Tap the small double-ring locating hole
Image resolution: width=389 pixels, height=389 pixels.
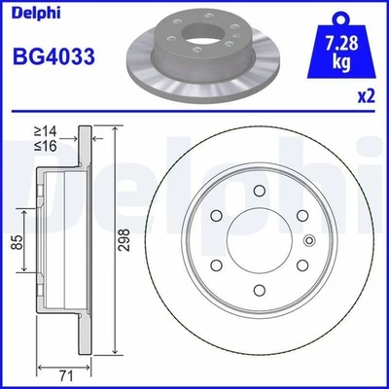309,242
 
